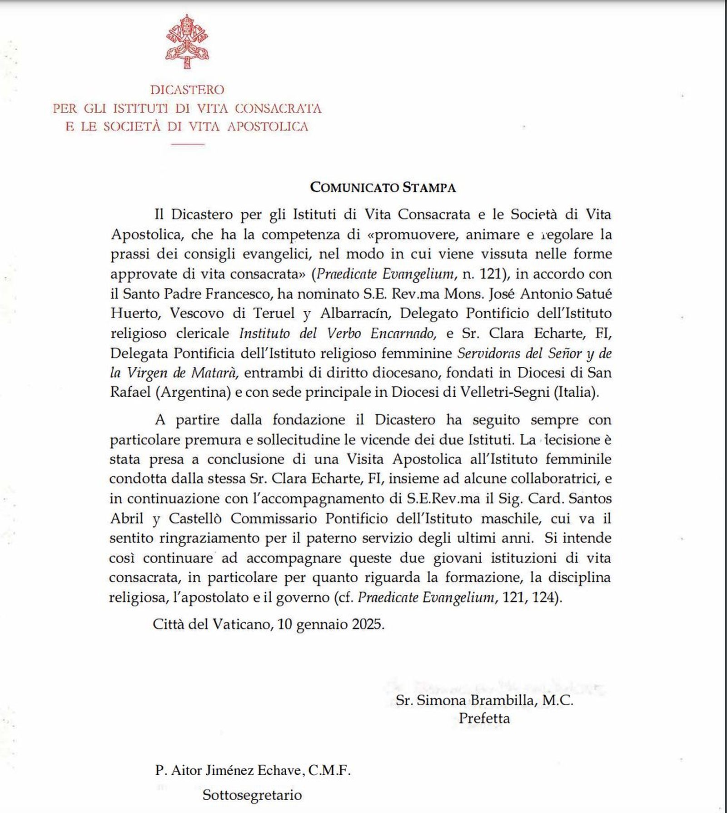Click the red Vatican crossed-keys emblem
[187, 42]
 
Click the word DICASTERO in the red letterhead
[187, 90]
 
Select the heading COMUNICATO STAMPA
[383, 188]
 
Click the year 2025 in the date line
[366, 624]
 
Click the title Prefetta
[484, 718]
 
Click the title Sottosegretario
[252, 795]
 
